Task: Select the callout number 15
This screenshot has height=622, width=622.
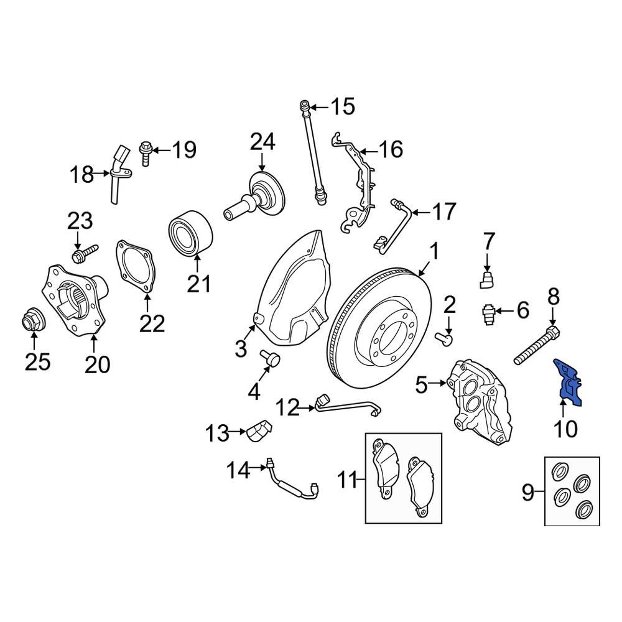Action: (x=341, y=106)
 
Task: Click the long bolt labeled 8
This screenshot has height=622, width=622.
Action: (x=536, y=345)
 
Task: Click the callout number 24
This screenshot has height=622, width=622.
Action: (x=262, y=142)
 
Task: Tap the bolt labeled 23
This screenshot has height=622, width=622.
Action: (x=86, y=253)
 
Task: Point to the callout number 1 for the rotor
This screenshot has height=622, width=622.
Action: (x=434, y=253)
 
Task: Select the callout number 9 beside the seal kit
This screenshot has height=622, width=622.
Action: (x=528, y=494)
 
